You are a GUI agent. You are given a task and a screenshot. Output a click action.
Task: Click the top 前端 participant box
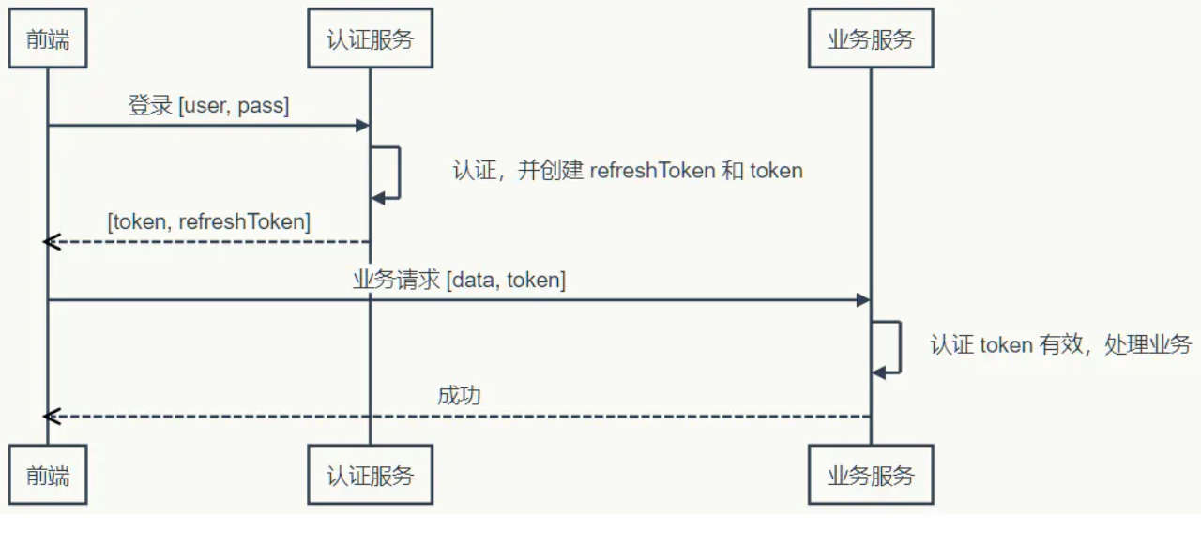coord(48,39)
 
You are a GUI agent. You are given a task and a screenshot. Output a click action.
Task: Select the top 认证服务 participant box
coord(370,39)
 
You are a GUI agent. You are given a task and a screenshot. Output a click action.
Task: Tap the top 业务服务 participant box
coord(871,39)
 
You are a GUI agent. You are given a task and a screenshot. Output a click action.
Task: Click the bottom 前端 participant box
coord(48,475)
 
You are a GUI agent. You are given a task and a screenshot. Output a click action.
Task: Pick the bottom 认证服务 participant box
coord(370,475)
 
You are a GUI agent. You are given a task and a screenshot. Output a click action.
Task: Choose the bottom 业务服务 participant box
coord(871,475)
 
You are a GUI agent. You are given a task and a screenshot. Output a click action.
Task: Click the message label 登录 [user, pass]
coord(208,106)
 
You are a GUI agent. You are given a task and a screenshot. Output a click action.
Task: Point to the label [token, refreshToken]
coord(208,222)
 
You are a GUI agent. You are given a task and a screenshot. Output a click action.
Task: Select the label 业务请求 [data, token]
coord(459,280)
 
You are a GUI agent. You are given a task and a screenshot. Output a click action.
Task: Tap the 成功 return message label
coord(459,396)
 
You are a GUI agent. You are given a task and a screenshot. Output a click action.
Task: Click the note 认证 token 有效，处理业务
coord(1060,344)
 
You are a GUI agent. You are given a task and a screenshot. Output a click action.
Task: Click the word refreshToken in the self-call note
coord(652,172)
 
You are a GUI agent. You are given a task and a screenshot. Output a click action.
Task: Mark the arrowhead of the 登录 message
coord(362,125)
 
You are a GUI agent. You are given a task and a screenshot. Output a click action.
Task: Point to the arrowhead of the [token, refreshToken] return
coord(52,242)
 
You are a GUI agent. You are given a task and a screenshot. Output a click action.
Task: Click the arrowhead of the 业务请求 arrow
coord(863,300)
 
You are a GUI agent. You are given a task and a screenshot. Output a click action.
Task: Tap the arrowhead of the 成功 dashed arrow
coord(52,416)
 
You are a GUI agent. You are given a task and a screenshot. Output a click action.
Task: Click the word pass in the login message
coord(263,106)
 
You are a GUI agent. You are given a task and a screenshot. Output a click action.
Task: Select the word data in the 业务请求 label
coord(475,280)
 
